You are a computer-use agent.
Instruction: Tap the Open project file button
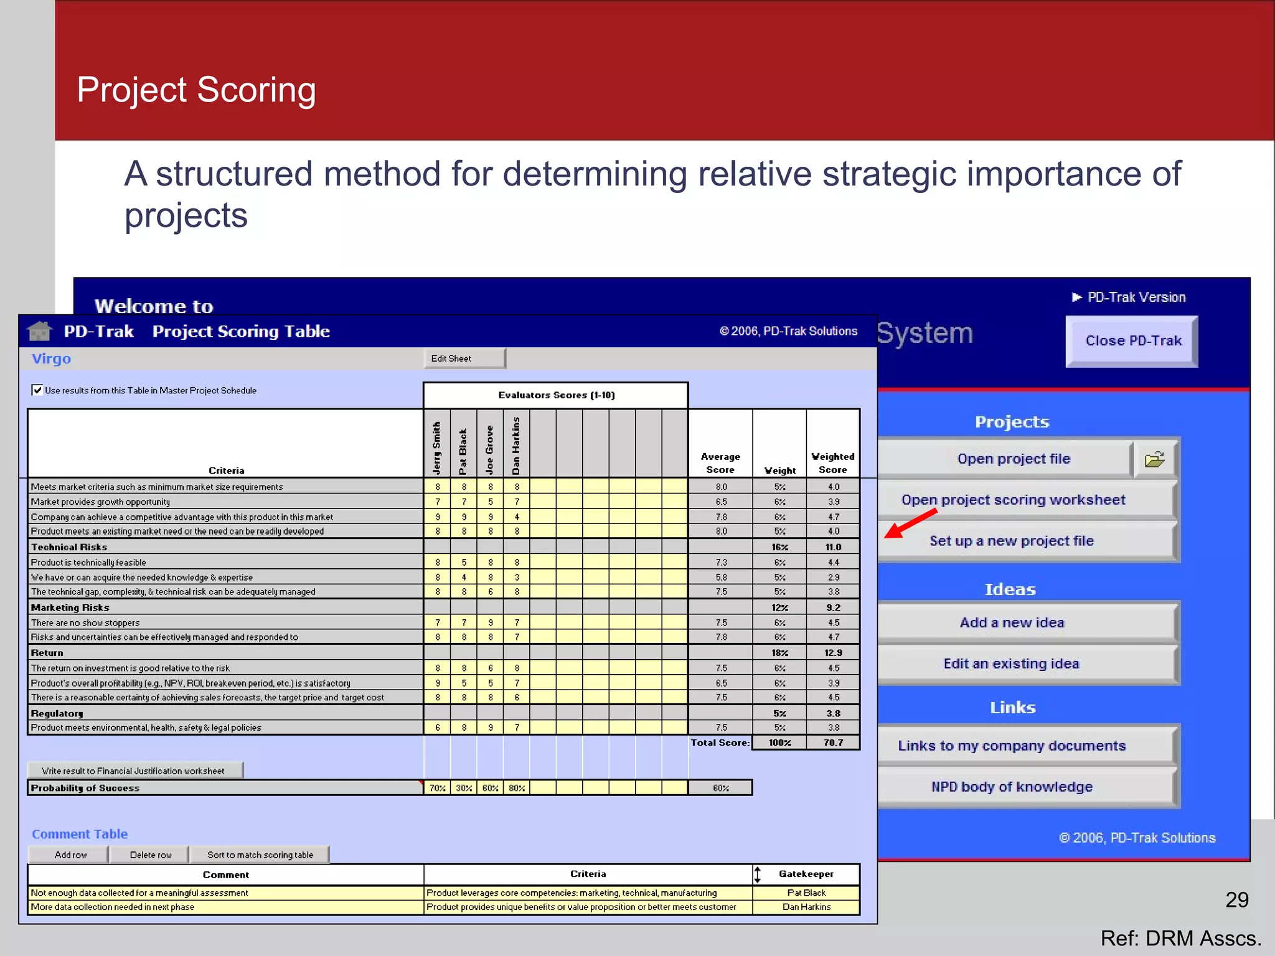tap(1013, 459)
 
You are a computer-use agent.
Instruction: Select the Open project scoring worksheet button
tap(1013, 500)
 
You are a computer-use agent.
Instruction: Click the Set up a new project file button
tap(1012, 541)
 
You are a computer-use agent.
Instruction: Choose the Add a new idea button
tap(1012, 622)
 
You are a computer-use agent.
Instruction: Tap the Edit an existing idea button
tap(1012, 663)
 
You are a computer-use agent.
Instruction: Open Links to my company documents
tap(1012, 746)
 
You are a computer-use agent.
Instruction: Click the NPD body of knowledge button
tap(1012, 787)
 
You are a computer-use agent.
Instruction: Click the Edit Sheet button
tap(464, 358)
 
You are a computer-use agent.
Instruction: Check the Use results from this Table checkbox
tap(37, 390)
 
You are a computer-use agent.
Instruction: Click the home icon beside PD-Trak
tap(40, 331)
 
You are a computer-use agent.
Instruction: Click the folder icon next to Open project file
tap(1155, 459)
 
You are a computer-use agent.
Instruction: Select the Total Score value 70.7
tap(833, 743)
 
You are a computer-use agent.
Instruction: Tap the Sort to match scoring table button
tap(260, 855)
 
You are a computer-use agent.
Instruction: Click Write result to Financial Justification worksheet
tap(134, 771)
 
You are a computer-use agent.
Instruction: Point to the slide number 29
tap(1236, 899)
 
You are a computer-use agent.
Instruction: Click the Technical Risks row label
tap(69, 547)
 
